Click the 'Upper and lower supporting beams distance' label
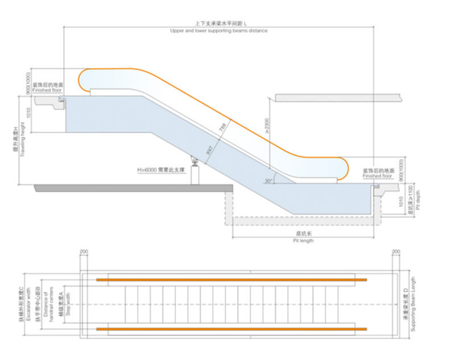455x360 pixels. click(218, 31)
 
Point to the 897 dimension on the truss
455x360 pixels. click(210, 150)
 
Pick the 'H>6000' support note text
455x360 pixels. click(161, 169)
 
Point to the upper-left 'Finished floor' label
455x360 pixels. click(47, 90)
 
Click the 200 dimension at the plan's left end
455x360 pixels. click(84, 251)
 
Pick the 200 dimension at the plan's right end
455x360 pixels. click(396, 251)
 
